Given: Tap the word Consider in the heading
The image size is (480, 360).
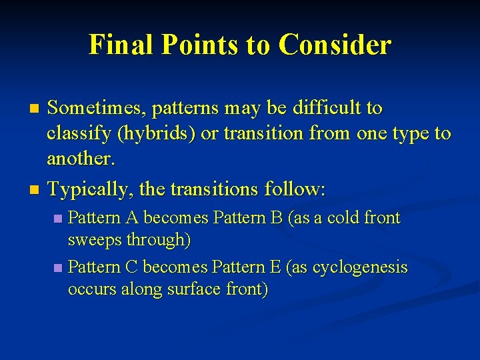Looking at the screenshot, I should point(335,45).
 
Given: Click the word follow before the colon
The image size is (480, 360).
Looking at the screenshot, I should point(291,189).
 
